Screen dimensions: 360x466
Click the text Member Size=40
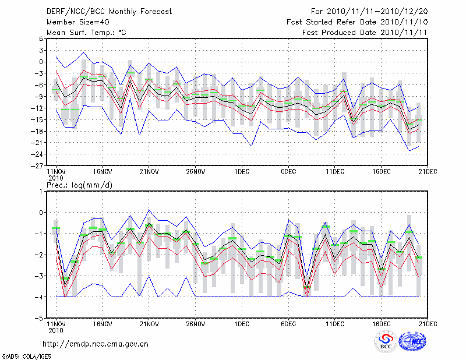pyautogui.click(x=77, y=22)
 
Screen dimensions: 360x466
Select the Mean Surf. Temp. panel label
pyautogui.click(x=86, y=32)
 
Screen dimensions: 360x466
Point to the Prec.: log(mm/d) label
pyautogui.click(x=79, y=185)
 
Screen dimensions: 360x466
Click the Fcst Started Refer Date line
pyautogui.click(x=357, y=22)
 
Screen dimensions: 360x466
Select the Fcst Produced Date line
pyautogui.click(x=365, y=32)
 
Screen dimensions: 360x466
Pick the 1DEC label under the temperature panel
pyautogui.click(x=242, y=172)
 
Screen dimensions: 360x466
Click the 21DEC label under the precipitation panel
pyautogui.click(x=428, y=325)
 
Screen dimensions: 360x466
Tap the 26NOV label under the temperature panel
pyautogui.click(x=195, y=172)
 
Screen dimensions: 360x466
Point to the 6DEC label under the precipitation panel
pyautogui.click(x=288, y=325)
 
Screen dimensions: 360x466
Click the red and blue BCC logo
pyautogui.click(x=385, y=341)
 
